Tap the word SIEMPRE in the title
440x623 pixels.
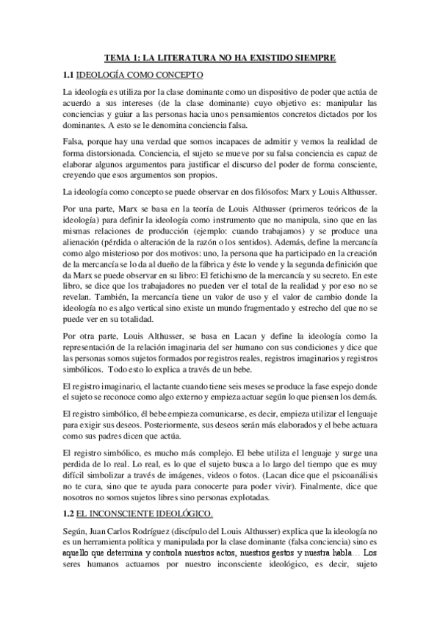click(312, 57)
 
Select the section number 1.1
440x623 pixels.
click(69, 75)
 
